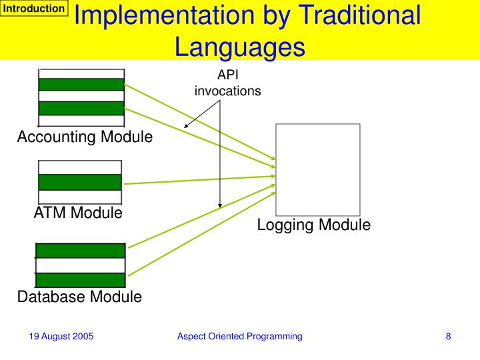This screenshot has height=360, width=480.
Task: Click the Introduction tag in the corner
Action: [35, 9]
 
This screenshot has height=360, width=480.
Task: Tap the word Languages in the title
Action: [239, 47]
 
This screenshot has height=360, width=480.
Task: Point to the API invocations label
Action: [227, 83]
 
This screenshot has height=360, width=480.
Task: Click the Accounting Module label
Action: [85, 137]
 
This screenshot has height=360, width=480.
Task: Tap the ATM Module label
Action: [78, 213]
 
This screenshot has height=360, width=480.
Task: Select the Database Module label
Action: [79, 297]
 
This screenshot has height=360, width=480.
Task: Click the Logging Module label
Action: [313, 225]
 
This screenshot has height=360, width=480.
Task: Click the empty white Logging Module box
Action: [318, 169]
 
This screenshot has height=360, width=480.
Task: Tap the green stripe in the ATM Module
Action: [80, 182]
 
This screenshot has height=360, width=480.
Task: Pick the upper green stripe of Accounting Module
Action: [81, 85]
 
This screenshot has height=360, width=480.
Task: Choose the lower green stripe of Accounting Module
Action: [81, 108]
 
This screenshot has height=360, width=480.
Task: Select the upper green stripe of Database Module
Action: [80, 251]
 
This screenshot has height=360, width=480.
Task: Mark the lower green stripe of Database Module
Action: [80, 279]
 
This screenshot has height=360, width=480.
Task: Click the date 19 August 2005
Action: [61, 337]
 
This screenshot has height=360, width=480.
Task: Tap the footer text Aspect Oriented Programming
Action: [239, 337]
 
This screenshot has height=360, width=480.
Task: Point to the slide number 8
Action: [449, 337]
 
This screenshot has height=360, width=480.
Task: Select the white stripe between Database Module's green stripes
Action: [80, 265]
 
